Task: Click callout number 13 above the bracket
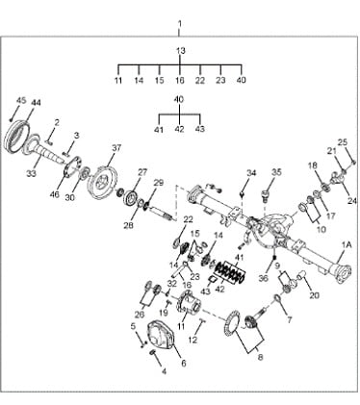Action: click(181, 51)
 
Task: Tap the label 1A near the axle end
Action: click(347, 245)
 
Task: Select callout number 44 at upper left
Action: click(36, 103)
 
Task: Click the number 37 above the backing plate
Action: click(116, 148)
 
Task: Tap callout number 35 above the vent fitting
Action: click(276, 172)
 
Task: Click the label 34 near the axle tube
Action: click(251, 173)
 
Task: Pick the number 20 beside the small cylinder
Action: click(315, 295)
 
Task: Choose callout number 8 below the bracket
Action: click(260, 357)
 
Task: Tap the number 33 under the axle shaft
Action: click(32, 173)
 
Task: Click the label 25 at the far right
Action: click(343, 142)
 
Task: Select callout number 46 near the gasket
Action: click(55, 194)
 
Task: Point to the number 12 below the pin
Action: click(193, 340)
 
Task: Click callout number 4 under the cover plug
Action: click(164, 372)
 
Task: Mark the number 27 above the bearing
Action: click(141, 172)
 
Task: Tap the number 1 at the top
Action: click(180, 24)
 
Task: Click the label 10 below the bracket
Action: click(321, 230)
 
